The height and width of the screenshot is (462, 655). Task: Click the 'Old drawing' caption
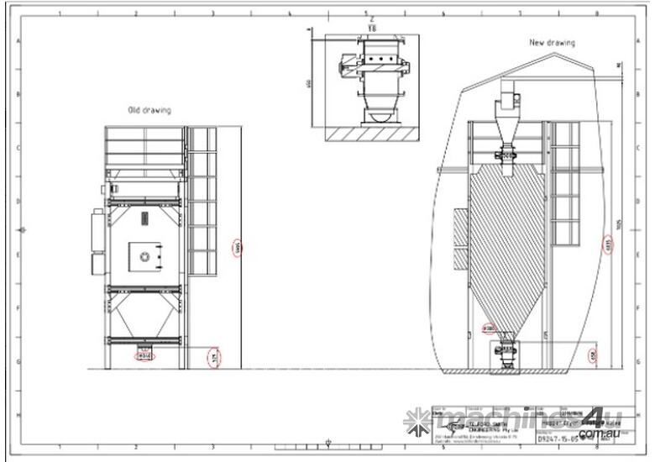click(x=149, y=110)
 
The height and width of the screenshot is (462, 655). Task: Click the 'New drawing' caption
click(x=552, y=42)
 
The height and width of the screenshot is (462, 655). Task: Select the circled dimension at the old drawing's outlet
click(x=144, y=355)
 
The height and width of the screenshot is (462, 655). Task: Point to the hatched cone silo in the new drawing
click(x=504, y=244)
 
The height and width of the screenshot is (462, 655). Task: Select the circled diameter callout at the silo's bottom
click(x=489, y=328)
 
